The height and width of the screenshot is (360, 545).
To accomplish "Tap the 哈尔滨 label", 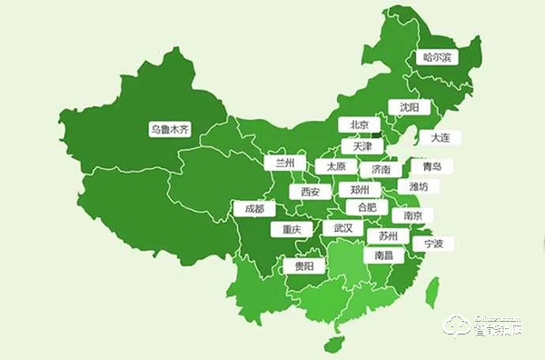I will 437,57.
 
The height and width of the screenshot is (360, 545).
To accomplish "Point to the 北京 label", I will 359,125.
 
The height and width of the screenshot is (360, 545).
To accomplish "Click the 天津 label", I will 362,146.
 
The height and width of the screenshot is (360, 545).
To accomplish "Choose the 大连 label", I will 440,138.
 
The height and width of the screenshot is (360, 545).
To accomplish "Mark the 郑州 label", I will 360,190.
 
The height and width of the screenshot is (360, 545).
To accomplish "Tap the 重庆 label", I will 291,229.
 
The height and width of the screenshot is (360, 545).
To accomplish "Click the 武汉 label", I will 343,228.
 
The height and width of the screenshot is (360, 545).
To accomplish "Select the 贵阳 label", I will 303,266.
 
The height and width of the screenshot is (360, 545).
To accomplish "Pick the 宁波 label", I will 433,244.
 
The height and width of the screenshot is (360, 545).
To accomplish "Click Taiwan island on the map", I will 433,290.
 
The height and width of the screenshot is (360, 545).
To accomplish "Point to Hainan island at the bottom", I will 333,345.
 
